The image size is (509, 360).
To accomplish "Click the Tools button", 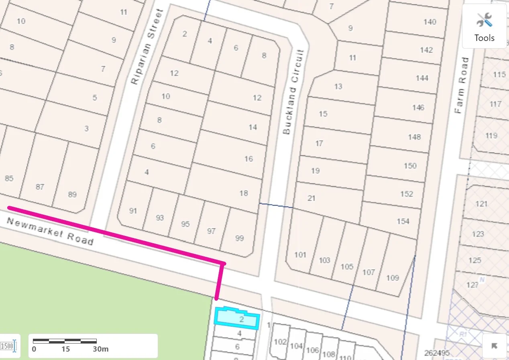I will pos(484,26).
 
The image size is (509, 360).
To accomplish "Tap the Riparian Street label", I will pos(148,47).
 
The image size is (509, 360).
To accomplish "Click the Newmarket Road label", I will pos(50,232).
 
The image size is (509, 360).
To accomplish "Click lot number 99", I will pos(239,238).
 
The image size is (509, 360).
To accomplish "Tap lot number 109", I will pos(392,278).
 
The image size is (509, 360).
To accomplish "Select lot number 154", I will pos(403,221).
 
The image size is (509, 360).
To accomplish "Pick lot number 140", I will pos(430,22).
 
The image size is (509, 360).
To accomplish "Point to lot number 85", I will pos(9,178).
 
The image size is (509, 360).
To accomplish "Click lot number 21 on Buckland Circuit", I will pos(312,198).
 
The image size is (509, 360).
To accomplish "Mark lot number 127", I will pos(473,285).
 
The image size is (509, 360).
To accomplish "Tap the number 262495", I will pos(437,353).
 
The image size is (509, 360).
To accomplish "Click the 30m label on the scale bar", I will pos(100,349).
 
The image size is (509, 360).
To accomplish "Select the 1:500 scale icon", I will pos(8,346).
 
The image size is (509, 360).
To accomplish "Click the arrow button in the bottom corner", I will pos(494,346).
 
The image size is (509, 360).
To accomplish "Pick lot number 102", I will pos(280,342).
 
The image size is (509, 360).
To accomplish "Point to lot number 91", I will pos(133,211).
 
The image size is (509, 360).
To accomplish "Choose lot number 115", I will pos(499,74).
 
